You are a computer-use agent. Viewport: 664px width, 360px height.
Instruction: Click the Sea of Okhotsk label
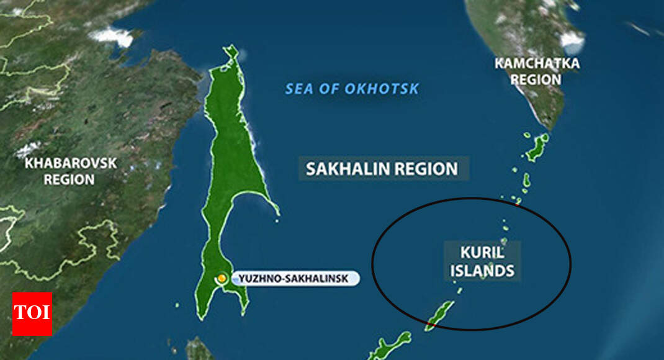[352, 89]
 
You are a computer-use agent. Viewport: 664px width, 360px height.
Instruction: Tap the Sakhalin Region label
[382, 168]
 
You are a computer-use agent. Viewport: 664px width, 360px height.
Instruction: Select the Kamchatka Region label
[537, 71]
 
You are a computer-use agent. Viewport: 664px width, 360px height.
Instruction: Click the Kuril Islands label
[483, 261]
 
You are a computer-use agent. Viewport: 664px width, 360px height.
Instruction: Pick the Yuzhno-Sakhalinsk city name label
[295, 278]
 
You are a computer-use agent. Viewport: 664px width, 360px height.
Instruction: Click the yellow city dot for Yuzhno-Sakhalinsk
[222, 278]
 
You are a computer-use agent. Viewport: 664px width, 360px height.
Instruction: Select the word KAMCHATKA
[537, 63]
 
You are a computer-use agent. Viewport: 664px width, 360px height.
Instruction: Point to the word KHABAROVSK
[70, 163]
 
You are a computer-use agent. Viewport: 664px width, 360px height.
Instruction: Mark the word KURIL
[483, 253]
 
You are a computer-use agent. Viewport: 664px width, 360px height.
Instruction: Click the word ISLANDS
[483, 271]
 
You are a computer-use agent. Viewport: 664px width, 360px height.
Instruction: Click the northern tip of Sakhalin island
[231, 48]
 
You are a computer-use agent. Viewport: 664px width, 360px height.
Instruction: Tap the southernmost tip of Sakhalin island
[200, 317]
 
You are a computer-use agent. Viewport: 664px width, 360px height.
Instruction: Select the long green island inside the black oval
[440, 315]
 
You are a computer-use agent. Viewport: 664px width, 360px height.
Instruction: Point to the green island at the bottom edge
[389, 347]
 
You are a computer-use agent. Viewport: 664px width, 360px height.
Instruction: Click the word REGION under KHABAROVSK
[70, 180]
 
